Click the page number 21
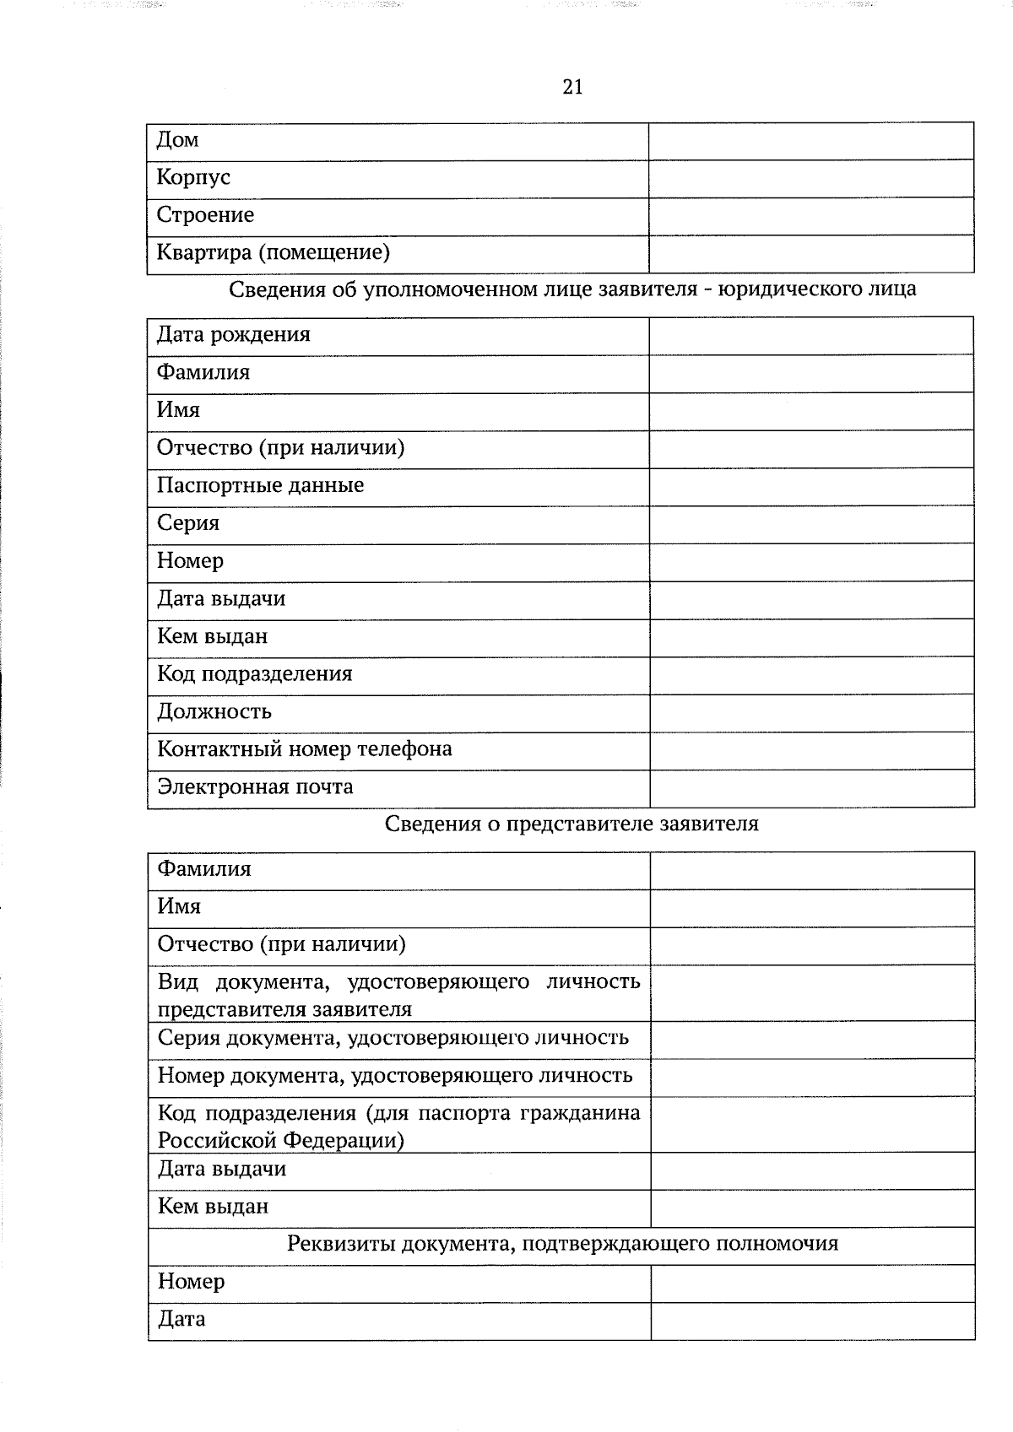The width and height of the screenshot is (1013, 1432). tap(572, 87)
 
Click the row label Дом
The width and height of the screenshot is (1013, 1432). tap(177, 140)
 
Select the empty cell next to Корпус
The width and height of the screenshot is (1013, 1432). tap(810, 179)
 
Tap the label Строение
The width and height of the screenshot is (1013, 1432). tap(205, 215)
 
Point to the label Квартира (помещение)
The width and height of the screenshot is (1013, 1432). tap(273, 252)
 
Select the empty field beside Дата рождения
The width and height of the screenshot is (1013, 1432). tap(810, 336)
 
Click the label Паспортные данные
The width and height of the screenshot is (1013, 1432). tap(260, 485)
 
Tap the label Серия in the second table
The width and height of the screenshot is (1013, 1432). tap(187, 523)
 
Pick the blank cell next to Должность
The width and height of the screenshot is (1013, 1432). tap(810, 713)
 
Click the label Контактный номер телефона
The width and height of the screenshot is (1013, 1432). tap(304, 749)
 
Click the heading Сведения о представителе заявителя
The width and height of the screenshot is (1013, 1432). tap(572, 824)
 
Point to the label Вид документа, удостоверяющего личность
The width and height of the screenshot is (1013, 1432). tap(398, 982)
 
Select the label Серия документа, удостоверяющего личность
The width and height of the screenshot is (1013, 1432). tap(393, 1038)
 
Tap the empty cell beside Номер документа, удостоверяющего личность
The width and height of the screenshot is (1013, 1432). tap(812, 1078)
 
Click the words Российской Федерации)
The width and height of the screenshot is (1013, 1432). tap(280, 1141)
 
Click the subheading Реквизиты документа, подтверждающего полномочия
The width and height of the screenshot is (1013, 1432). tap(562, 1244)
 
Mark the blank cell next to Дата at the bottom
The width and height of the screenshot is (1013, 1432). tap(812, 1321)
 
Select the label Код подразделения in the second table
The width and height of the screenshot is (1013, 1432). tap(254, 674)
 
